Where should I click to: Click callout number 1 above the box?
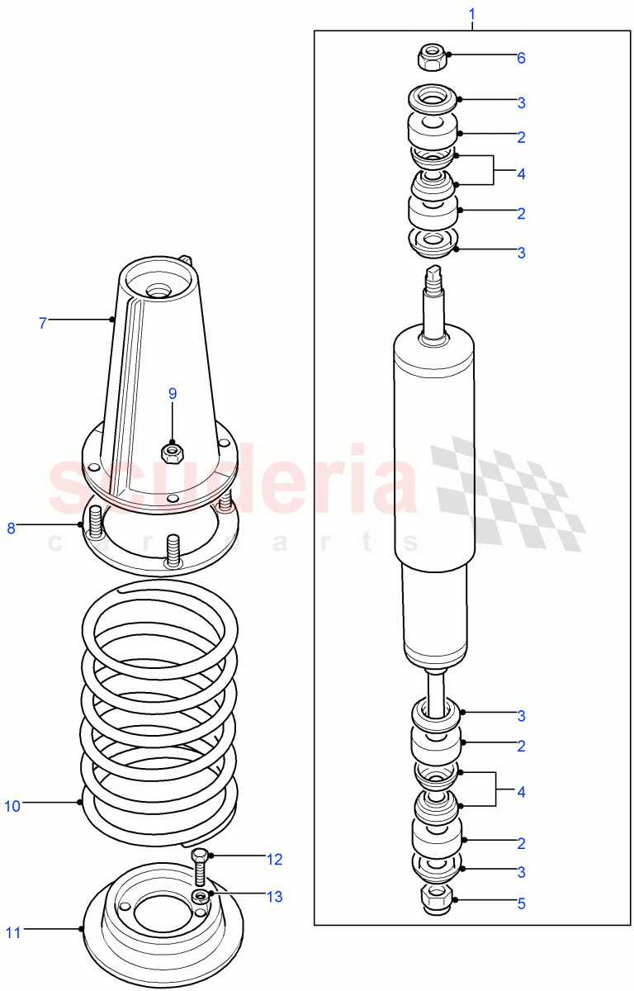[x=472, y=14]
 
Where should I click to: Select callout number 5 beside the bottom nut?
[x=521, y=903]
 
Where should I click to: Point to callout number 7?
[x=43, y=323]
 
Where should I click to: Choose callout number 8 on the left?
[x=12, y=528]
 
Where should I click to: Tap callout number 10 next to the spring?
[x=12, y=806]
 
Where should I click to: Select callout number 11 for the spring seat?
[x=12, y=933]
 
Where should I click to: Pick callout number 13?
[x=274, y=897]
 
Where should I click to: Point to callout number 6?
[x=521, y=58]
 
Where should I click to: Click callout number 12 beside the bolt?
[x=274, y=860]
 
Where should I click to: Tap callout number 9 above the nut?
[x=173, y=393]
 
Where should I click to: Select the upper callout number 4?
[x=521, y=174]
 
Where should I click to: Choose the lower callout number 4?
[x=521, y=792]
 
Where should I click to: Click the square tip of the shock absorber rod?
[x=434, y=273]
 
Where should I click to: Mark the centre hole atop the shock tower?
[x=158, y=292]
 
